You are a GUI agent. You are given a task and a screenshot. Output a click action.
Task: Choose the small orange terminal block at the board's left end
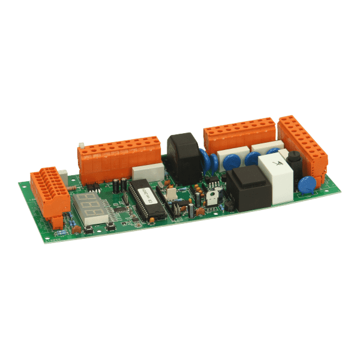point(50,191)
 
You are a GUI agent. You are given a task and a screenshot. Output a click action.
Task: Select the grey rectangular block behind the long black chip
point(147,172)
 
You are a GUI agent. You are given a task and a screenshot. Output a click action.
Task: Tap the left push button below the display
point(88,230)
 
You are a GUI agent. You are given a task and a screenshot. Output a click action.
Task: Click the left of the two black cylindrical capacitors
point(116,185)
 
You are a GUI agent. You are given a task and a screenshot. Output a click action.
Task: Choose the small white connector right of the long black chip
point(170,194)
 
